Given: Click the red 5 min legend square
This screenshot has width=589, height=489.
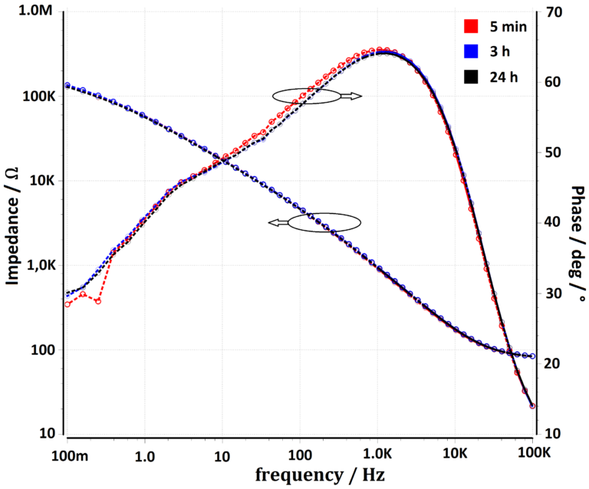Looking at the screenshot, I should point(472,26).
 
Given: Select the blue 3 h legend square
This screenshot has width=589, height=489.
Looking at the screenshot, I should point(472,51).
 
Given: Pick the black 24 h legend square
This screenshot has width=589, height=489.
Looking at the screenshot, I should point(472,77).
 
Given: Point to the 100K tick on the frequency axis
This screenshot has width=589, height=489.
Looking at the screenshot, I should point(532,454).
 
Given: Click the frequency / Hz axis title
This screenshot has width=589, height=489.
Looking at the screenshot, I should point(299,475).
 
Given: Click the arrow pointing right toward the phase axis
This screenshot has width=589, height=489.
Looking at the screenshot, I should point(351,96).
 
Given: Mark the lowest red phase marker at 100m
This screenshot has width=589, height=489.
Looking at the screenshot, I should point(67,304).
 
